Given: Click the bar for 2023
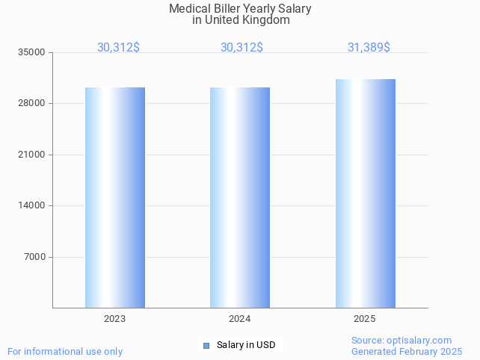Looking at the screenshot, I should click(115, 197).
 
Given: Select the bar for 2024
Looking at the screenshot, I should click(240, 197).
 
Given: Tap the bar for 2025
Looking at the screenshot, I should click(365, 193).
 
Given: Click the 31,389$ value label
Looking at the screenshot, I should click(369, 47).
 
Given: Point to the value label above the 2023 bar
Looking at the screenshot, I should click(118, 47).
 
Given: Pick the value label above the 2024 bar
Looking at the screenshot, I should click(241, 47).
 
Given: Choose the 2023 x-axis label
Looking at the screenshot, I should click(115, 319).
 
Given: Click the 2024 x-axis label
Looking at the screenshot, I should click(240, 319).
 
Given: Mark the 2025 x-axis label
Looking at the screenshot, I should click(365, 319).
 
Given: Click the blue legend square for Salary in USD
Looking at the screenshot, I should click(206, 345).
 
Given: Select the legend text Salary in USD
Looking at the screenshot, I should click(246, 345).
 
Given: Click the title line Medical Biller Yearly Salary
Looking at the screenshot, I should click(240, 9).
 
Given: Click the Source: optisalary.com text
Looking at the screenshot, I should click(401, 341).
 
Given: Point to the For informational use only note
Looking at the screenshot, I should click(65, 351).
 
